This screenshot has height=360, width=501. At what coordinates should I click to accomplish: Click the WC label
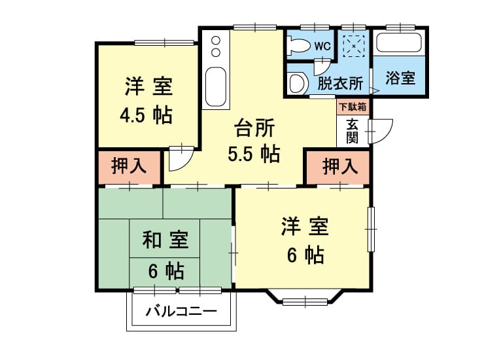(x=322, y=46)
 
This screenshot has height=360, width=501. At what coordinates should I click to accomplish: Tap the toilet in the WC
(x=298, y=46)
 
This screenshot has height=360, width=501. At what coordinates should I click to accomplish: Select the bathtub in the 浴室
(x=398, y=42)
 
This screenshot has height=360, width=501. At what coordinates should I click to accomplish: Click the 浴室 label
(x=400, y=78)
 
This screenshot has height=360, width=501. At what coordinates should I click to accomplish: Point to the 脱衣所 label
(x=339, y=83)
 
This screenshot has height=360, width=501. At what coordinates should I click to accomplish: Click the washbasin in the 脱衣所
(x=298, y=83)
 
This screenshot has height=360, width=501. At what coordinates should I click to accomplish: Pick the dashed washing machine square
(x=353, y=46)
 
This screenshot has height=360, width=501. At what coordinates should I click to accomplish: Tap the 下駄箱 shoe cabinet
(x=353, y=107)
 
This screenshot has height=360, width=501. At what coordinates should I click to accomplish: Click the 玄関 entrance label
(x=352, y=131)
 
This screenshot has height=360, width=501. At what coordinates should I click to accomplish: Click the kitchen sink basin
(x=216, y=86)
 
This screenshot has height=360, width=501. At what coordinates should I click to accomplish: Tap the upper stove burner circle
(x=216, y=41)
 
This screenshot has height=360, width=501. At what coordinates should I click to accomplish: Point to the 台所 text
(x=254, y=128)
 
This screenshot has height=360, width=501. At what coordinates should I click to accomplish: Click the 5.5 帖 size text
(x=254, y=154)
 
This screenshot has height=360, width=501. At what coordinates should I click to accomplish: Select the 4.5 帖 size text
(x=147, y=115)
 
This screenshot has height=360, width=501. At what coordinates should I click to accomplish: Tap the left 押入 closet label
(x=129, y=166)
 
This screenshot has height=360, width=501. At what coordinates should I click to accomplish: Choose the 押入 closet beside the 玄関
(x=338, y=167)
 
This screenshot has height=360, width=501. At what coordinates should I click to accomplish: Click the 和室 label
(x=165, y=240)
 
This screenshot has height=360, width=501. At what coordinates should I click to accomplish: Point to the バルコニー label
(x=181, y=311)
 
